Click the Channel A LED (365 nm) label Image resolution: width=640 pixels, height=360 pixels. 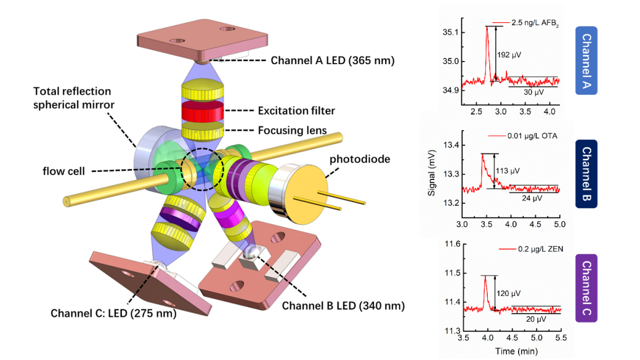(x=333, y=60)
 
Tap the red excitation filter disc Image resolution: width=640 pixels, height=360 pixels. (x=201, y=112)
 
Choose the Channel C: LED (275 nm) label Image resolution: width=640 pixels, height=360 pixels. (x=113, y=313)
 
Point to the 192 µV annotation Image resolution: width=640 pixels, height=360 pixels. (x=509, y=55)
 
